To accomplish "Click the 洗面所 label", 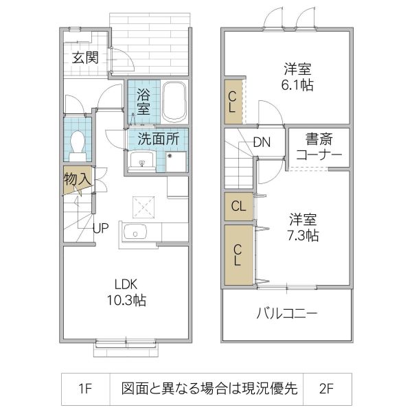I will (x=159, y=137).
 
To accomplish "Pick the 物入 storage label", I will (x=77, y=179).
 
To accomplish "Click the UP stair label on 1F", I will (x=100, y=229).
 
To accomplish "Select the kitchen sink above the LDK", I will (x=135, y=234).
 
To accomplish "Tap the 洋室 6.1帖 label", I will (x=298, y=77).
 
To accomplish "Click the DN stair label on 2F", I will (x=261, y=143).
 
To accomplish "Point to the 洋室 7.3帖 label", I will (x=303, y=227).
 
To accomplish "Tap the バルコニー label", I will (x=287, y=314).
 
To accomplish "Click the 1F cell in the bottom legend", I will (x=84, y=389).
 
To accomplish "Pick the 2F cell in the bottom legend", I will (x=326, y=389).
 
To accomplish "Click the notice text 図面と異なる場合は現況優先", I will (x=209, y=389).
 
